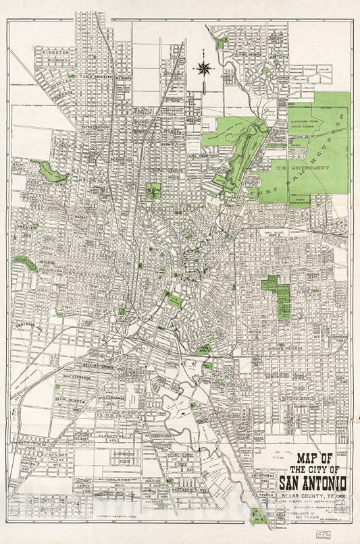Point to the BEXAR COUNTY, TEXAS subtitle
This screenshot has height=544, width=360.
pyautogui.click(x=313, y=496)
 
